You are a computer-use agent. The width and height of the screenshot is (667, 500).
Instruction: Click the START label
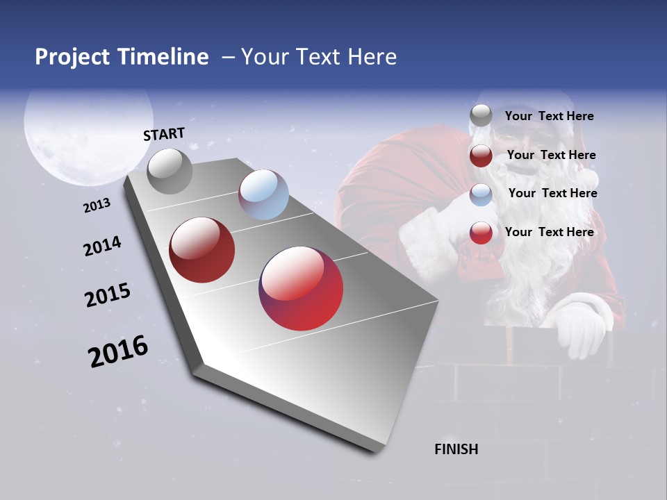164,134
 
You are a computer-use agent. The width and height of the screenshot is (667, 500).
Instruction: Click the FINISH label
456,449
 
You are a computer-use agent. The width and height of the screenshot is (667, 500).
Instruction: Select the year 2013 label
97,206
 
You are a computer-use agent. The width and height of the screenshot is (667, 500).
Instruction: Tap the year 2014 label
102,247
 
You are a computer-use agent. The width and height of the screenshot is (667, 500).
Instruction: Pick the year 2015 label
108,295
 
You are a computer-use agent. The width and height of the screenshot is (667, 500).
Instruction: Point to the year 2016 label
118,351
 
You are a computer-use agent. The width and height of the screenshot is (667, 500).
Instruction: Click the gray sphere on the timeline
170,171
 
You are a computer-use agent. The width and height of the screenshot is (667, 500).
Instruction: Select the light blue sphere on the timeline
263,194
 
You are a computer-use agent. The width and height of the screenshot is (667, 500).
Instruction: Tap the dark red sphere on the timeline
202,250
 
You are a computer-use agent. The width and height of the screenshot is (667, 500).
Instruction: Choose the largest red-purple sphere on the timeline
301,288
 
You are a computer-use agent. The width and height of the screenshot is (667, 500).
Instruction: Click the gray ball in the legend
481,116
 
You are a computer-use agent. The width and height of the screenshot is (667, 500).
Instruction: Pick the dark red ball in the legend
481,156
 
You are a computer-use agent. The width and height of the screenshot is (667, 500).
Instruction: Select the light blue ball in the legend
481,194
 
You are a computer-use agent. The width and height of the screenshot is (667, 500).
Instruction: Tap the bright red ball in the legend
481,233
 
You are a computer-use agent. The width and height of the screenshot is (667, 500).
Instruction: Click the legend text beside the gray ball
549,116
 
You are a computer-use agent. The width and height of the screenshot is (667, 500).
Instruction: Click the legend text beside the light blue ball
552,193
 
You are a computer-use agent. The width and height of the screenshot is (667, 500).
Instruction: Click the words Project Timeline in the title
122,57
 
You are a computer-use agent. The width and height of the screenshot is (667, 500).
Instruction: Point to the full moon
88,132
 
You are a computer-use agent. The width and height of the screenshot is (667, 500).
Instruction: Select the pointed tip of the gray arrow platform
379,448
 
